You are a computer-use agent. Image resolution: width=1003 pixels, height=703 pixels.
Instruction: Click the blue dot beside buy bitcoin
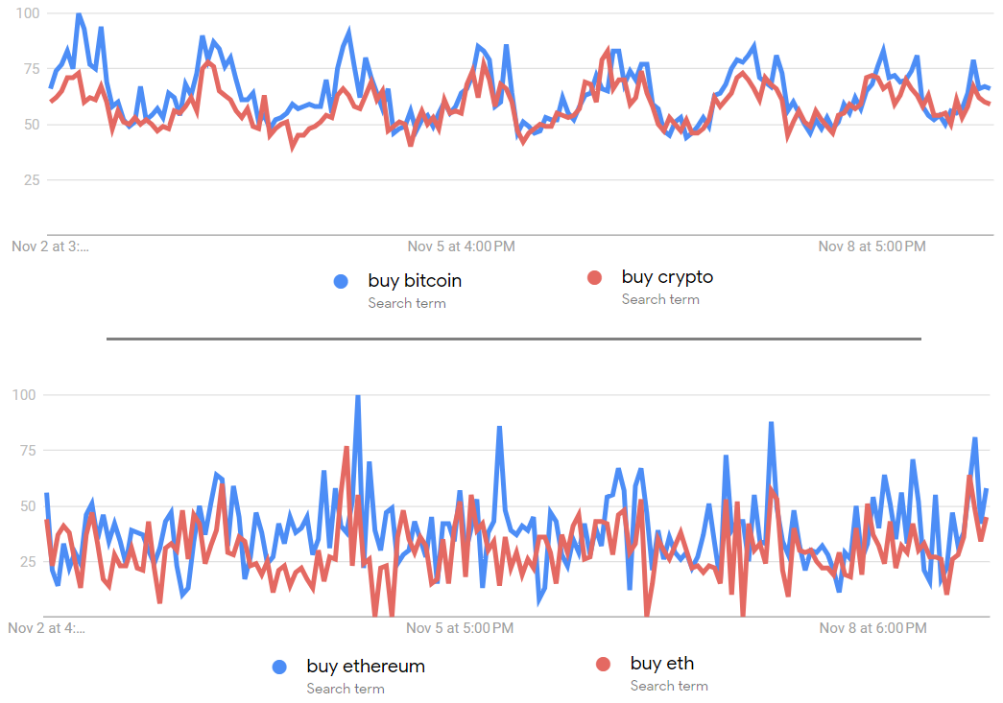point(341,281)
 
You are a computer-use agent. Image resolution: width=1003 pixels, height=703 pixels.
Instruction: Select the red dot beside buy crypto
point(594,278)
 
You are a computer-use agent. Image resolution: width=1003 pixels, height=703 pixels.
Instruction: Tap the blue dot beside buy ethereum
point(280,667)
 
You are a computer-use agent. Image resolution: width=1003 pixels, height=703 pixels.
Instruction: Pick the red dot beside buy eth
point(604,664)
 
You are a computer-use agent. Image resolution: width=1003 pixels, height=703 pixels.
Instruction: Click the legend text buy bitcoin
point(415,281)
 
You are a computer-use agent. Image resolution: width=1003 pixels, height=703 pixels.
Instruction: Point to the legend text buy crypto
point(667,277)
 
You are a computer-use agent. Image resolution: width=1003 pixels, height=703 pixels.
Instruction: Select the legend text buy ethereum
point(366,666)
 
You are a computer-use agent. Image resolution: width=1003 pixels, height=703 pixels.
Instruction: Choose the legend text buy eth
point(662,663)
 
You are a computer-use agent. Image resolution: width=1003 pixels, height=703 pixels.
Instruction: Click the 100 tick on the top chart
point(27,13)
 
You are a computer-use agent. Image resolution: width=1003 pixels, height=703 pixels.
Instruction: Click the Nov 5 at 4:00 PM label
point(461,246)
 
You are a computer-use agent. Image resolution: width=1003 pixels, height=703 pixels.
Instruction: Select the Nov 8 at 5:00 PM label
point(872,246)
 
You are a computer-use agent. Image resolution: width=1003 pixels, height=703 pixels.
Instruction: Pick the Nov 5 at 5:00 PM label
point(460,629)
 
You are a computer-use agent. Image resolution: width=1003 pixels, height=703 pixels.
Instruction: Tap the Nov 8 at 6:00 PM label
point(872,629)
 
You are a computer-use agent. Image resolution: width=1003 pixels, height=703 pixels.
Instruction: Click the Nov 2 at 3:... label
point(50,246)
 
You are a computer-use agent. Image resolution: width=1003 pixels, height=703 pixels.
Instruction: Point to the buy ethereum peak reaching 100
point(358,396)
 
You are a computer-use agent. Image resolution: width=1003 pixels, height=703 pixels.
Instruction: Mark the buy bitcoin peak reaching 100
point(79,14)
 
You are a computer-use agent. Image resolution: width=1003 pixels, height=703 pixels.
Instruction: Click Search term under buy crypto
point(660,299)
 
